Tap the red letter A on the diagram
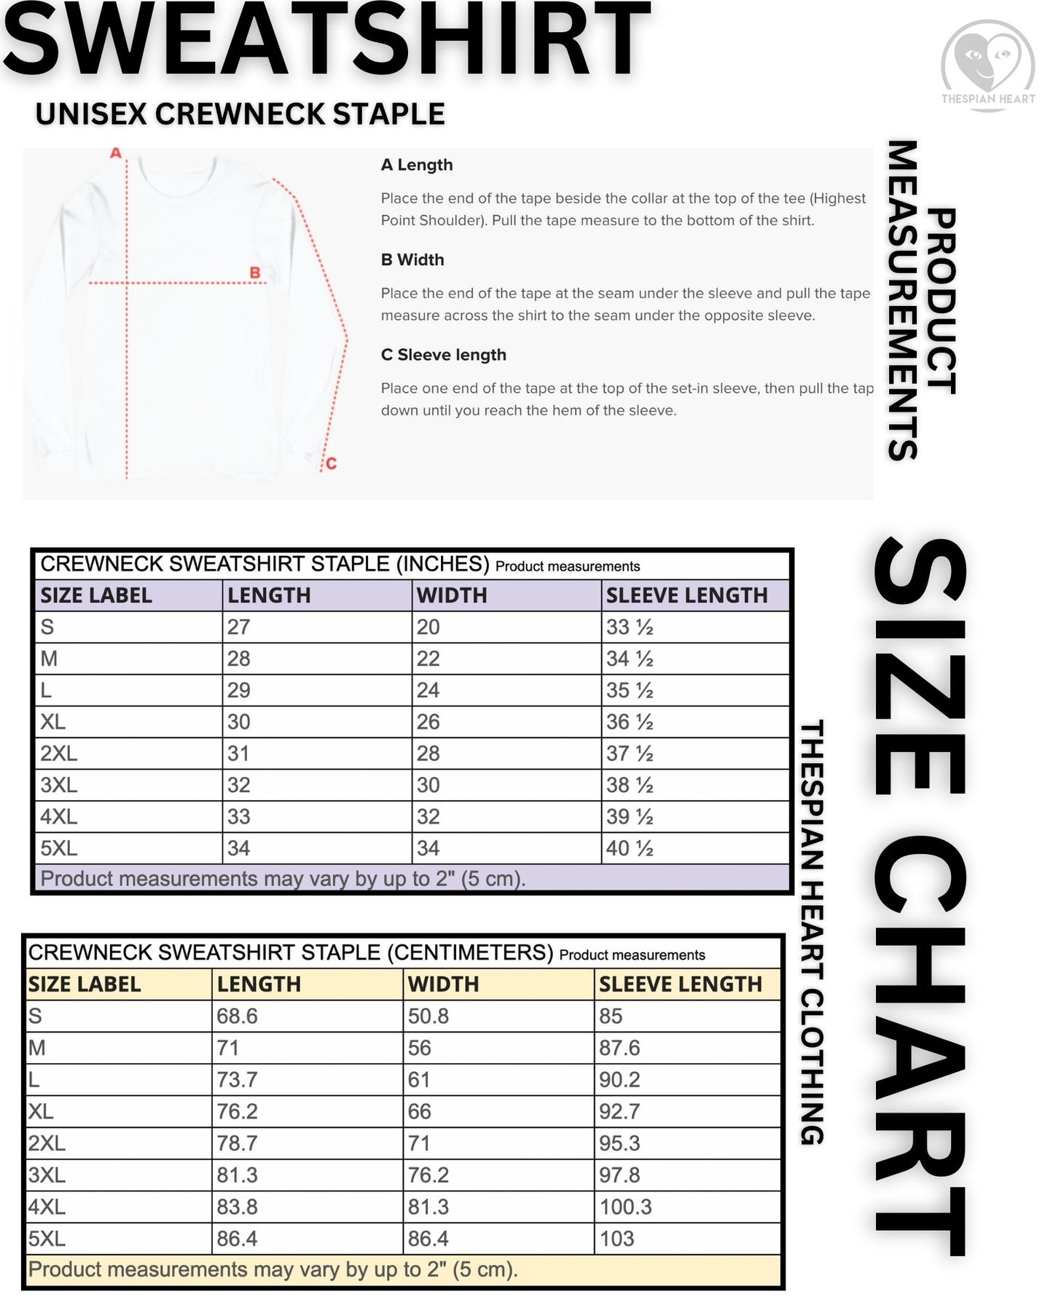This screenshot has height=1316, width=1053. click(x=115, y=153)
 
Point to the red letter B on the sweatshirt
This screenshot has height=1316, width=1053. click(x=255, y=273)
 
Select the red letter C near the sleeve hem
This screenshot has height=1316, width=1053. click(x=331, y=463)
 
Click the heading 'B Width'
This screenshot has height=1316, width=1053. click(x=412, y=259)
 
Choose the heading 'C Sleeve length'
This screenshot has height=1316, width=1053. click(x=443, y=355)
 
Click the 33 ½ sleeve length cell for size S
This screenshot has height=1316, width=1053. click(x=630, y=627)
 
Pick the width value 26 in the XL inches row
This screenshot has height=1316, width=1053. click(x=428, y=722)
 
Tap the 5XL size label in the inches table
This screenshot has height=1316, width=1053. click(x=58, y=848)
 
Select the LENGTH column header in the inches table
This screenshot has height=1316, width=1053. click(x=269, y=595)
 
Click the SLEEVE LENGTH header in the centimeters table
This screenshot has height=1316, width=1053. click(x=680, y=984)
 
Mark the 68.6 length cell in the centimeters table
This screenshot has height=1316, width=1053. click(x=237, y=1016)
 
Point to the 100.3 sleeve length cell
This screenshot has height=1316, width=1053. click(x=625, y=1207)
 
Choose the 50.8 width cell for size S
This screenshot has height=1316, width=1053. click(x=428, y=1016)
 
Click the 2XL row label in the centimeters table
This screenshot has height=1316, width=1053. click(x=47, y=1143)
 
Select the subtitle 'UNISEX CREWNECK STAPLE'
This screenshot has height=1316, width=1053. click(x=240, y=114)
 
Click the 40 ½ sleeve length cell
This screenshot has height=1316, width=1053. click(x=630, y=848)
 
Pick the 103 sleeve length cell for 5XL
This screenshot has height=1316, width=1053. click(x=616, y=1239)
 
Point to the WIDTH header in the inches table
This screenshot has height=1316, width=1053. click(x=452, y=595)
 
